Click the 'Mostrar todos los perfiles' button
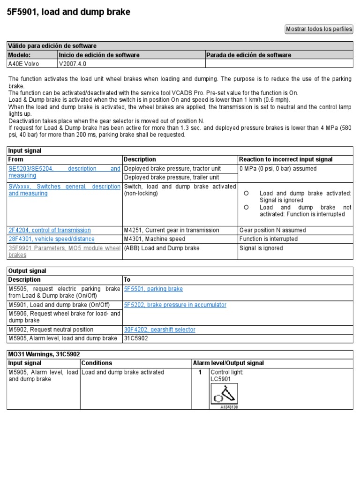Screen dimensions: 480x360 pos(319,29)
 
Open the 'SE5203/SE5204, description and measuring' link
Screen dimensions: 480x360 pos(64,172)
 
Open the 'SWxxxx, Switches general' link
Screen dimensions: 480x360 pos(64,190)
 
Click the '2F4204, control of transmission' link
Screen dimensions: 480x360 pos(50,230)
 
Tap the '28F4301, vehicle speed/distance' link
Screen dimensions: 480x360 pos(52,239)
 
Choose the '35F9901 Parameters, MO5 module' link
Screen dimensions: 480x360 pos(64,251)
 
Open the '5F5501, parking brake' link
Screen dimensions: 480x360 pos(153,289)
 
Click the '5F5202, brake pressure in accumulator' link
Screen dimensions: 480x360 pos(175,305)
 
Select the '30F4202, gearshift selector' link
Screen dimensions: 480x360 pos(159,330)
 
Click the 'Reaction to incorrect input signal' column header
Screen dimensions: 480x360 pos(286,159)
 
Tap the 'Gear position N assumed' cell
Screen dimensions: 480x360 pos(272,230)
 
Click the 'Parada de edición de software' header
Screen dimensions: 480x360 pos(248,55)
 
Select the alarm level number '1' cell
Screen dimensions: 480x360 pos(200,372)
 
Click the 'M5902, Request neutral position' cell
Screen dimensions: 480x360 pos(51,330)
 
